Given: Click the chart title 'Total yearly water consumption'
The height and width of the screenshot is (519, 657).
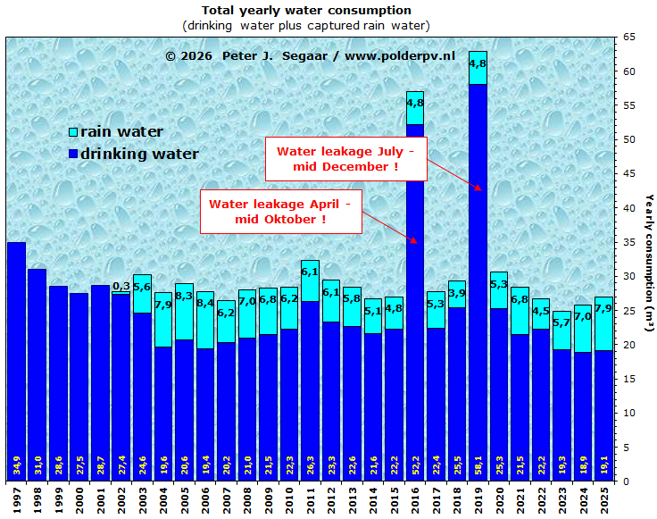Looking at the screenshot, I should [306, 10].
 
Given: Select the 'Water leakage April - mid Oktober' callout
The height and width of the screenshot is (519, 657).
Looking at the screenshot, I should [280, 212].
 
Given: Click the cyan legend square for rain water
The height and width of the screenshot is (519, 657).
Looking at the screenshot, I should [73, 132].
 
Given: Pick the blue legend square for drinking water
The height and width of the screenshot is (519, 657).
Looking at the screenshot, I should [73, 155].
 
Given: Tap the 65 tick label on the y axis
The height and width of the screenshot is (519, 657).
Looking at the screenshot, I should [629, 38].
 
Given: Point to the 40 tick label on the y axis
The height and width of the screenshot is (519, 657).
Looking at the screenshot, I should [629, 208].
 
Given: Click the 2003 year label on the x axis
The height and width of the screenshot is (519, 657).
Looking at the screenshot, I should [143, 498].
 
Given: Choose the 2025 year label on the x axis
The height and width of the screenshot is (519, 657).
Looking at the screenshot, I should [604, 498].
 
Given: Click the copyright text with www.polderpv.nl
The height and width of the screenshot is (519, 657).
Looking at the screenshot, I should [310, 55].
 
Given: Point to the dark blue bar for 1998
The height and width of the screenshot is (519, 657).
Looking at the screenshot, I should [37, 375].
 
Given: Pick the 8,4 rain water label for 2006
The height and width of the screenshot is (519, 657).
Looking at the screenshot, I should [204, 304].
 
